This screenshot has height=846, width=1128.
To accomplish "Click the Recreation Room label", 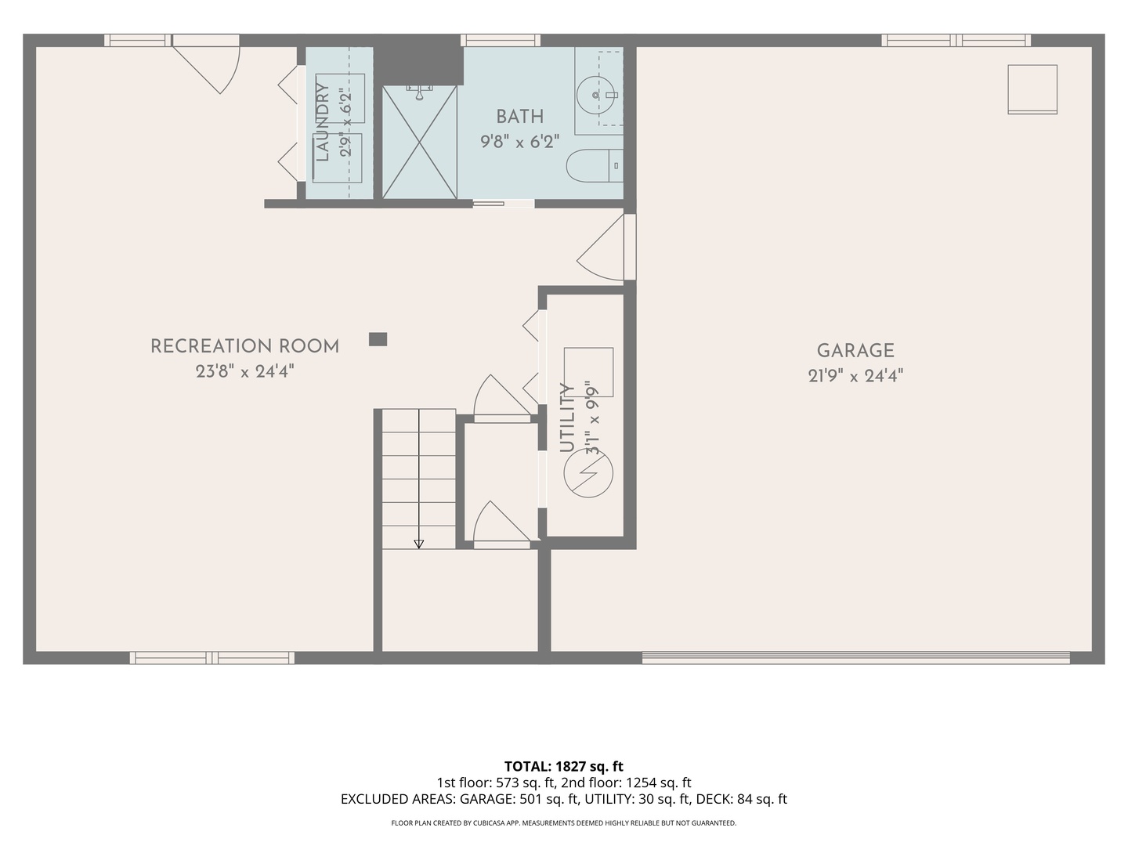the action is tap(244, 346).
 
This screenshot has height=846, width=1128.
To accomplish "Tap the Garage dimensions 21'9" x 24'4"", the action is tap(855, 376).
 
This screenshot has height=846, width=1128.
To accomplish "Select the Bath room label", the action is tap(519, 117).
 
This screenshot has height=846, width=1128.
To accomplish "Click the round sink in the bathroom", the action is tap(595, 95).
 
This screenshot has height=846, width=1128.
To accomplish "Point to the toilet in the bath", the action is tap(595, 165).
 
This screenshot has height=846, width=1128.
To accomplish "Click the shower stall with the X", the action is tap(419, 142).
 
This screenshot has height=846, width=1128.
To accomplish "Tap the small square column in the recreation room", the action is tap(378, 339).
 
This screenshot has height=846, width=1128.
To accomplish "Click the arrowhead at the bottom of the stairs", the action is tap(418, 544).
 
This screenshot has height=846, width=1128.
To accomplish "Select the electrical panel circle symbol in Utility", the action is tap(588, 473).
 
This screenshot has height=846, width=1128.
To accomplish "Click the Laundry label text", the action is tap(322, 121).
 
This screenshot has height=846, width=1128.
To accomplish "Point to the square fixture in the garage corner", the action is tap(1032, 89).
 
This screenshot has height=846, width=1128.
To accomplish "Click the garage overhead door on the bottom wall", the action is tap(855, 657).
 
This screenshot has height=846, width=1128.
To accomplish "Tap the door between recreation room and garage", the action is tap(606, 247).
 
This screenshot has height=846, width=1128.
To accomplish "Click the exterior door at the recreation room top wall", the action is tap(206, 63).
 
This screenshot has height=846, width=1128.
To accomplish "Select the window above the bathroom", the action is tap(500, 41).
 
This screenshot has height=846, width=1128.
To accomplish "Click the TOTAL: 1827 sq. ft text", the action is tap(564, 766).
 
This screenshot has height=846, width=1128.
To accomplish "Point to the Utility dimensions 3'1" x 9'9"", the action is tap(592, 417).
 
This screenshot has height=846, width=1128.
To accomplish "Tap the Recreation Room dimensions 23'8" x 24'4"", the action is tap(244, 371).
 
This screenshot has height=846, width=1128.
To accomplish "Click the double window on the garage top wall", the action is tap(956, 41).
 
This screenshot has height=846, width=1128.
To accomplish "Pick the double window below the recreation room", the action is tap(211, 657).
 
